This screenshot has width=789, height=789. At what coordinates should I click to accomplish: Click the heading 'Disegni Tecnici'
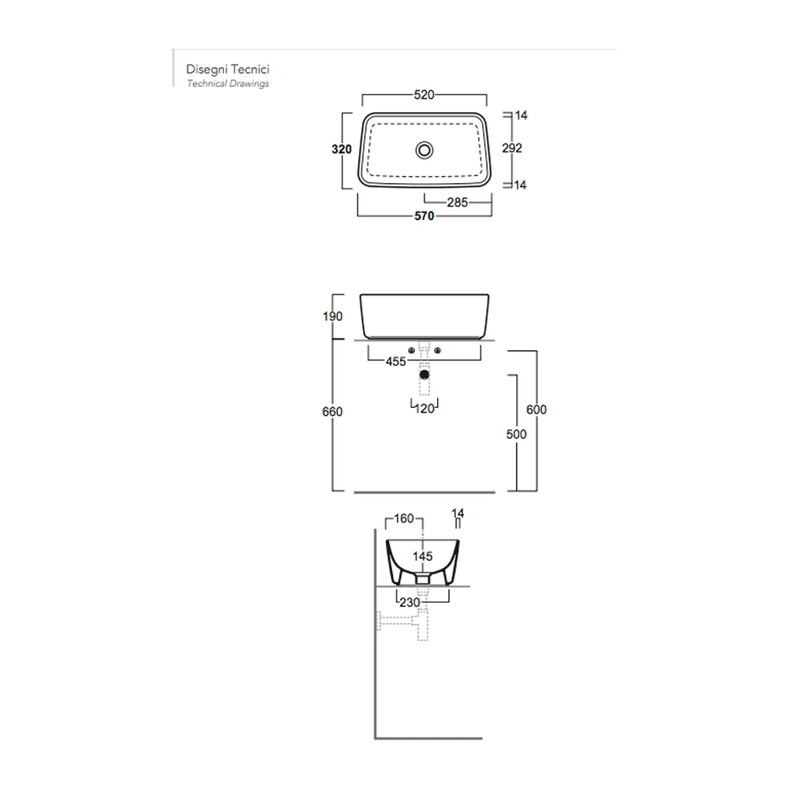click(x=227, y=69)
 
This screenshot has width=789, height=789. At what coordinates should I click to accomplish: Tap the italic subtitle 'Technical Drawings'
click(x=228, y=84)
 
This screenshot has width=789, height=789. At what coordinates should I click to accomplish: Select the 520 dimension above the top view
click(x=424, y=95)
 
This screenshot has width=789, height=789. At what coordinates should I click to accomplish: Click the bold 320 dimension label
click(x=342, y=149)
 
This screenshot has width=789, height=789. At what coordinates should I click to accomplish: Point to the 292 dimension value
click(x=512, y=148)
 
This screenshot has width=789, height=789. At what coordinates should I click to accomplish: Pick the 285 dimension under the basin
click(x=458, y=202)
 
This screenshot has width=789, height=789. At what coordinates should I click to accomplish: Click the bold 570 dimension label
click(x=424, y=216)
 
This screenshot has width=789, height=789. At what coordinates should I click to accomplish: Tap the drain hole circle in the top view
click(x=424, y=150)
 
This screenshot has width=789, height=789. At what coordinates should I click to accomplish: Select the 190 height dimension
click(x=332, y=316)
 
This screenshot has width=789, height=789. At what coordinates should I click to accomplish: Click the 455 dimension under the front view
click(x=396, y=361)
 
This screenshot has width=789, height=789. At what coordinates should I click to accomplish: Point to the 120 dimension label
click(x=424, y=409)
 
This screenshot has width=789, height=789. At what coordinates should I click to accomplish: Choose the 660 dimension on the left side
click(x=332, y=412)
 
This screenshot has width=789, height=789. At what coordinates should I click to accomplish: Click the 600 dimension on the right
click(x=537, y=409)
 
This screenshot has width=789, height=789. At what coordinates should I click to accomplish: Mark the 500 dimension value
click(x=516, y=434)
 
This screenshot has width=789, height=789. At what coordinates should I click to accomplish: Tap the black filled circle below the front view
click(x=424, y=375)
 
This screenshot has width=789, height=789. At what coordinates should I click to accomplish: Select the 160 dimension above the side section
click(x=403, y=518)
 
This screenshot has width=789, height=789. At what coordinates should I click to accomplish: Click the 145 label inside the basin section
click(x=423, y=556)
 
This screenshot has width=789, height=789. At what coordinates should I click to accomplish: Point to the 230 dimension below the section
click(x=409, y=602)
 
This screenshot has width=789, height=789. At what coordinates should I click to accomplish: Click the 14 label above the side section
click(x=458, y=514)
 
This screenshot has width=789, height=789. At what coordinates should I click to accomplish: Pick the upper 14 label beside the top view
click(x=521, y=115)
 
